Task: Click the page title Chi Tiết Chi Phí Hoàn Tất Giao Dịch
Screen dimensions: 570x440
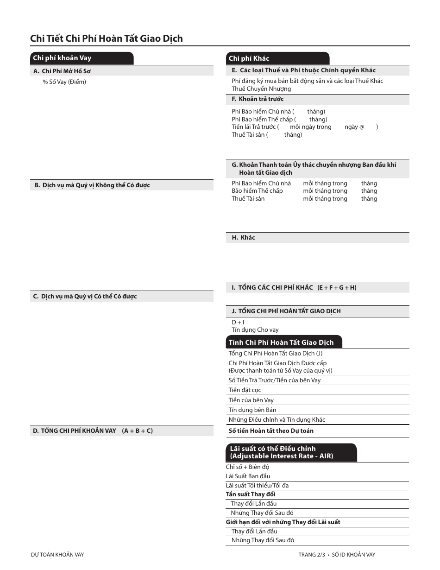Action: click(107, 38)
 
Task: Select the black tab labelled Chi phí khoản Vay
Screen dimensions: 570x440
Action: click(62, 58)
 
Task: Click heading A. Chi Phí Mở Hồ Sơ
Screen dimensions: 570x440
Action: click(65, 71)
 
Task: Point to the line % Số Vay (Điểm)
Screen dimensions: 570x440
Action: click(64, 82)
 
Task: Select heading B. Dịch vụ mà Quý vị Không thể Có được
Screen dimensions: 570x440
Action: click(92, 185)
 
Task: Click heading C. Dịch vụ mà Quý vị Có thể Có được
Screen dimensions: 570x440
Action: click(85, 297)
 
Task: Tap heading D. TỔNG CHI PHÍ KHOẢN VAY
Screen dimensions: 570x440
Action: click(93, 431)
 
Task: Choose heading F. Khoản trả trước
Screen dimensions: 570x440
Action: click(258, 99)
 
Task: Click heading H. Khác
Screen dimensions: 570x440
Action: click(243, 238)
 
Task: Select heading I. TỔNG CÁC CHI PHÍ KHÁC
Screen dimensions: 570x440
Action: click(294, 288)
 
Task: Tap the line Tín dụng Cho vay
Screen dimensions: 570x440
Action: click(255, 330)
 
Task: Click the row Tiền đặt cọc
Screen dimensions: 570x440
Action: click(245, 390)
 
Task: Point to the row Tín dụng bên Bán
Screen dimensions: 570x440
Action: click(252, 410)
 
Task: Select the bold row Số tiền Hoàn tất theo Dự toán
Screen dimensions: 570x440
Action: click(271, 431)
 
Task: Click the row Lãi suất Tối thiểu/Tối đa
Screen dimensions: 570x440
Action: click(257, 486)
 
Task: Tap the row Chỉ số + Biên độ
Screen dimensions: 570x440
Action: click(247, 467)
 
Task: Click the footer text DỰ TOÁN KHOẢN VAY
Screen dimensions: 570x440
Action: click(57, 555)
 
